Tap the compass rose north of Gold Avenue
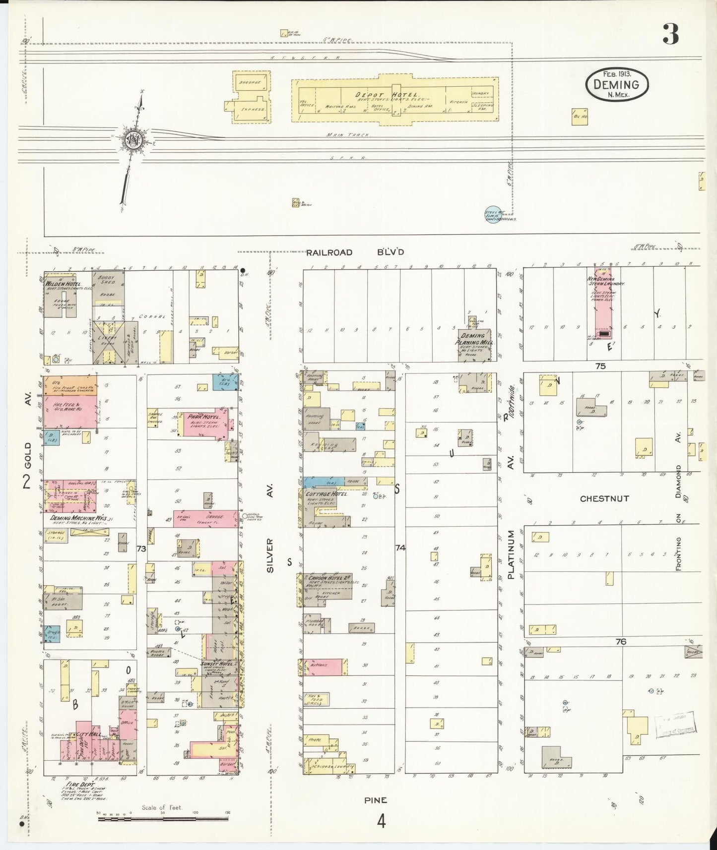(x=134, y=139)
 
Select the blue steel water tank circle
(x=491, y=213)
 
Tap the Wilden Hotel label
(x=67, y=284)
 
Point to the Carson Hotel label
(x=330, y=578)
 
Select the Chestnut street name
(x=604, y=498)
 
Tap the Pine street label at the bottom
(x=376, y=800)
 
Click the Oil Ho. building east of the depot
(x=580, y=117)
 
